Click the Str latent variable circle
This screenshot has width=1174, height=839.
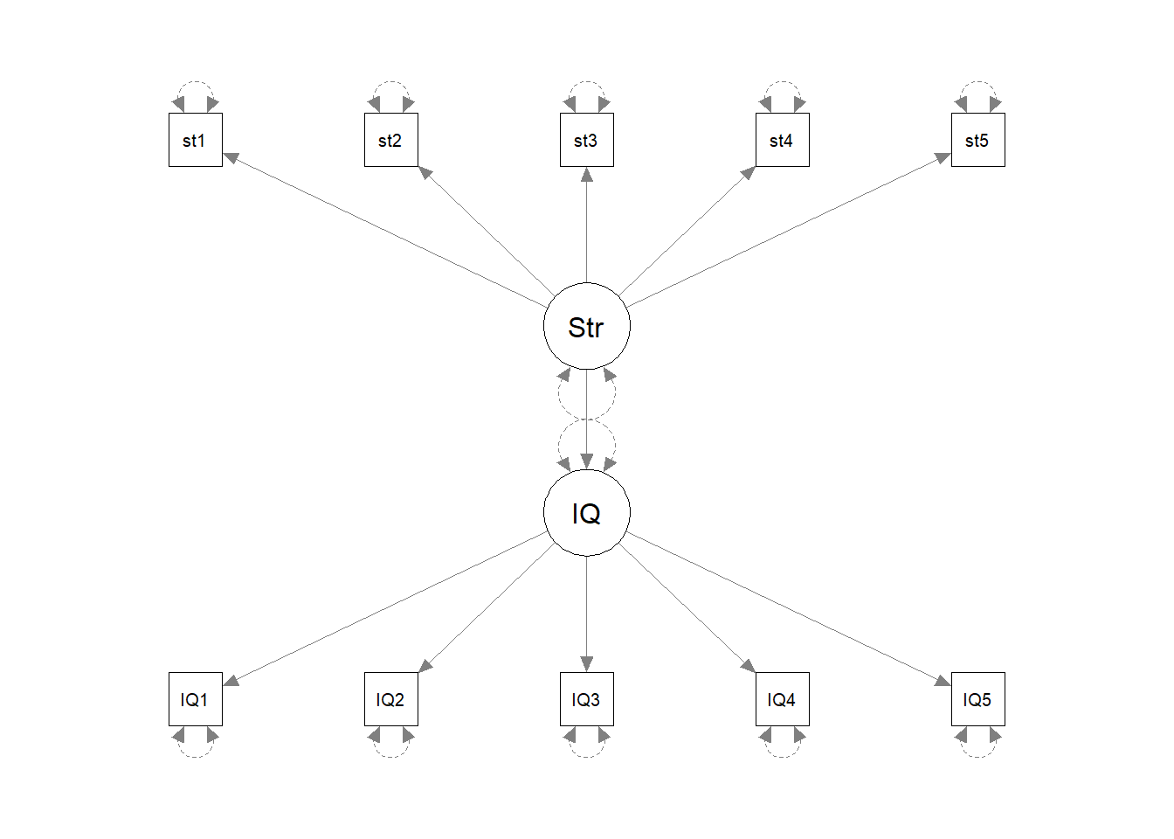586,326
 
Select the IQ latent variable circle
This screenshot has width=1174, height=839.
586,513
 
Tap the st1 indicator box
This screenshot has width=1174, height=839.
195,140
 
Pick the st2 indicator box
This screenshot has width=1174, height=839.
390,140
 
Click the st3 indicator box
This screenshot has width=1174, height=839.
586,140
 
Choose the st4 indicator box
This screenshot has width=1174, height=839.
782,140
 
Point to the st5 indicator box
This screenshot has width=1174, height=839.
977,140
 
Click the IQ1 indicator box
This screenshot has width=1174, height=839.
195,699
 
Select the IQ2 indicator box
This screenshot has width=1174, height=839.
390,699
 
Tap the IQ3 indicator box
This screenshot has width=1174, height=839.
586,699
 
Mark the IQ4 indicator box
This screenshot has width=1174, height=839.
782,699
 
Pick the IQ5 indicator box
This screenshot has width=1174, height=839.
977,699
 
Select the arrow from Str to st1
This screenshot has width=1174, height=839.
384,231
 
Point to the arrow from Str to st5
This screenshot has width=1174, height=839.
788,231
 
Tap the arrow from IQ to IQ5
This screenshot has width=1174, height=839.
788,607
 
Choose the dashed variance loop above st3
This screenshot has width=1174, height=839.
586,83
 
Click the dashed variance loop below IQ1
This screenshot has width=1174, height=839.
195,755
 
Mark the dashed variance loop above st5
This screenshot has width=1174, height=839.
977,83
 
